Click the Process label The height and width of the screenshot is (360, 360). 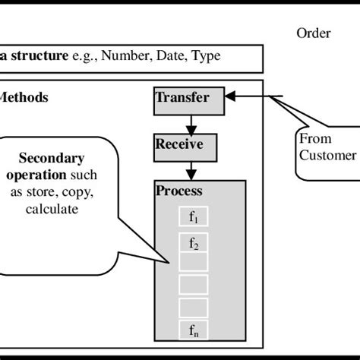click(178, 191)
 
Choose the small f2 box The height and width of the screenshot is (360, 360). click(193, 243)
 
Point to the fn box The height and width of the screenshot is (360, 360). click(193, 330)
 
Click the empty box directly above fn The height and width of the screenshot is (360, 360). click(193, 308)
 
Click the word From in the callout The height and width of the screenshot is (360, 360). click(314, 139)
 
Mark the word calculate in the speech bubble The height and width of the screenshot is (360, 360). click(51, 207)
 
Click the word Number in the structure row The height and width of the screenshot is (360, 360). click(124, 56)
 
